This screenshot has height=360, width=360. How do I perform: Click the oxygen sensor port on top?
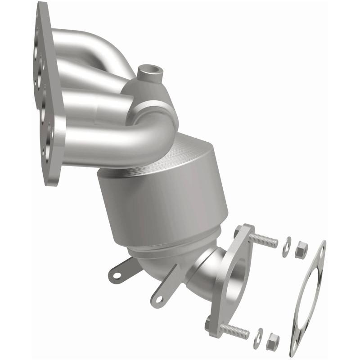148,71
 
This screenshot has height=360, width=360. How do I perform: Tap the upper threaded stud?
265,240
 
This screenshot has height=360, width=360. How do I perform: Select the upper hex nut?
301,251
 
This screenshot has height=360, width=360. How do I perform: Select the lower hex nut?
272,343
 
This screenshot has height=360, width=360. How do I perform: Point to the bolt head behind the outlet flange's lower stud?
208,324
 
